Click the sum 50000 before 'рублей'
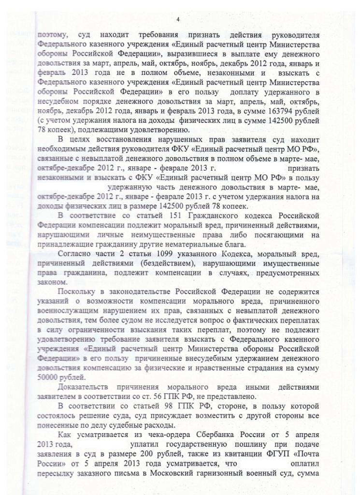pos(48,377)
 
